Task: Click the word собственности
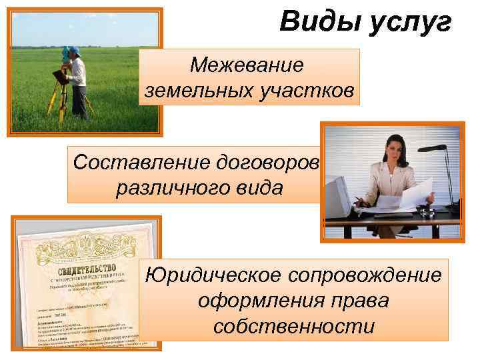coord(294,327)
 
